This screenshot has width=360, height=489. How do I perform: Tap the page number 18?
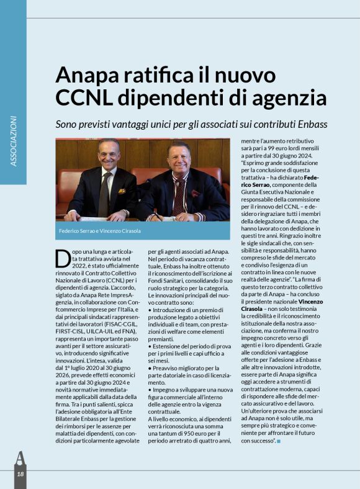(20, 474)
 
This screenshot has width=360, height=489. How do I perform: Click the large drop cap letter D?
(62, 258)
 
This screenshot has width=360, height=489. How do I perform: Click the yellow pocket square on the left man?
(122, 191)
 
